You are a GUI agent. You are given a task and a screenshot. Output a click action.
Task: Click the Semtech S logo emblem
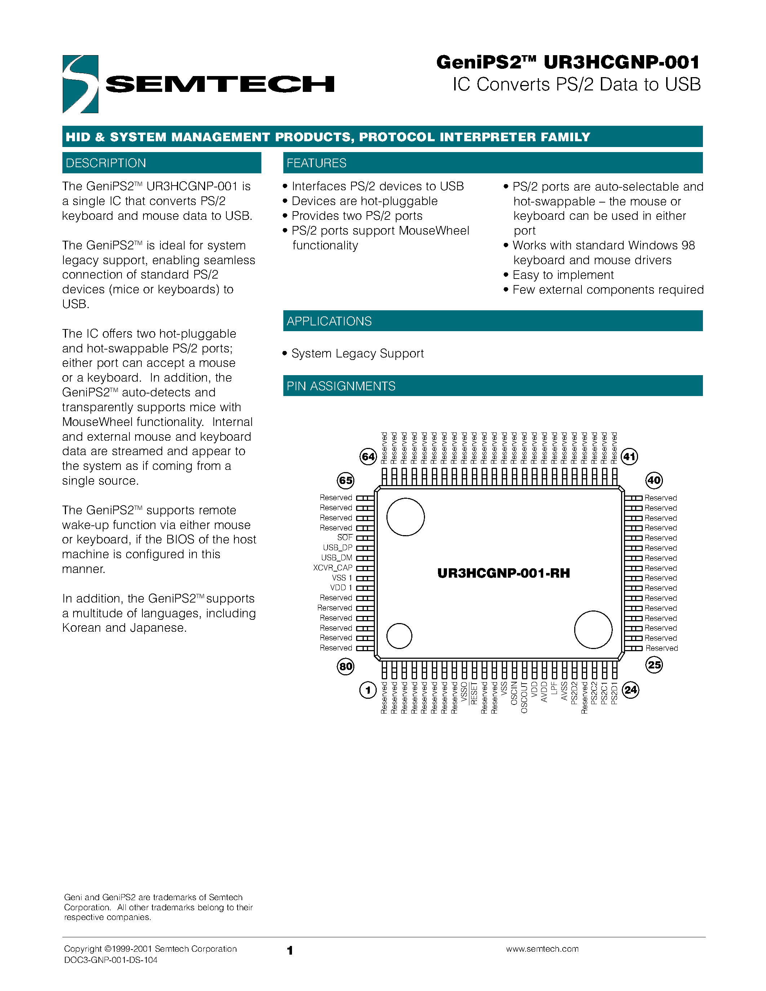[x=80, y=84]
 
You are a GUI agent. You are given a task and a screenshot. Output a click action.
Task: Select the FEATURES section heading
[x=316, y=163]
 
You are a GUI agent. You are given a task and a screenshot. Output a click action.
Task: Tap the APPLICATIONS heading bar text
[x=329, y=321]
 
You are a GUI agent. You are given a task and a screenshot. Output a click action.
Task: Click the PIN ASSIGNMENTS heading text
[x=341, y=386]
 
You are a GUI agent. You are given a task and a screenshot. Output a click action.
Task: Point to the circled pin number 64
[x=368, y=457]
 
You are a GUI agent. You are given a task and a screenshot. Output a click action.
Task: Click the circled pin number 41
[x=629, y=457]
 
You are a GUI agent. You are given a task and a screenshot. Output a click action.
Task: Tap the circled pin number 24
[x=630, y=690]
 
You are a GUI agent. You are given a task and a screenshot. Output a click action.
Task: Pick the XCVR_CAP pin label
[x=333, y=568]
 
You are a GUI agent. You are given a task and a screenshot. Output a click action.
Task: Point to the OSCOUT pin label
[x=524, y=697]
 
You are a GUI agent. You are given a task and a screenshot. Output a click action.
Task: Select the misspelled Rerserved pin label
[x=335, y=608]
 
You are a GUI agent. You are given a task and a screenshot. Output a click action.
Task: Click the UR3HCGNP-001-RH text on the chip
[x=503, y=573]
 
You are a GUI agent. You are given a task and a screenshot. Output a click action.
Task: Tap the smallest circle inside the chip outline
[x=399, y=636]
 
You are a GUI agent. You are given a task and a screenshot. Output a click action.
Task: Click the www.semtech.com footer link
[x=542, y=949]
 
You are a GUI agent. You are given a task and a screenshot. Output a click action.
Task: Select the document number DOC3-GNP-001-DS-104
[x=111, y=960]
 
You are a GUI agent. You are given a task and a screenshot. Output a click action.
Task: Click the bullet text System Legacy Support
[x=357, y=354]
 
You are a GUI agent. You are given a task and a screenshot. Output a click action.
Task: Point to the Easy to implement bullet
[x=563, y=275]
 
